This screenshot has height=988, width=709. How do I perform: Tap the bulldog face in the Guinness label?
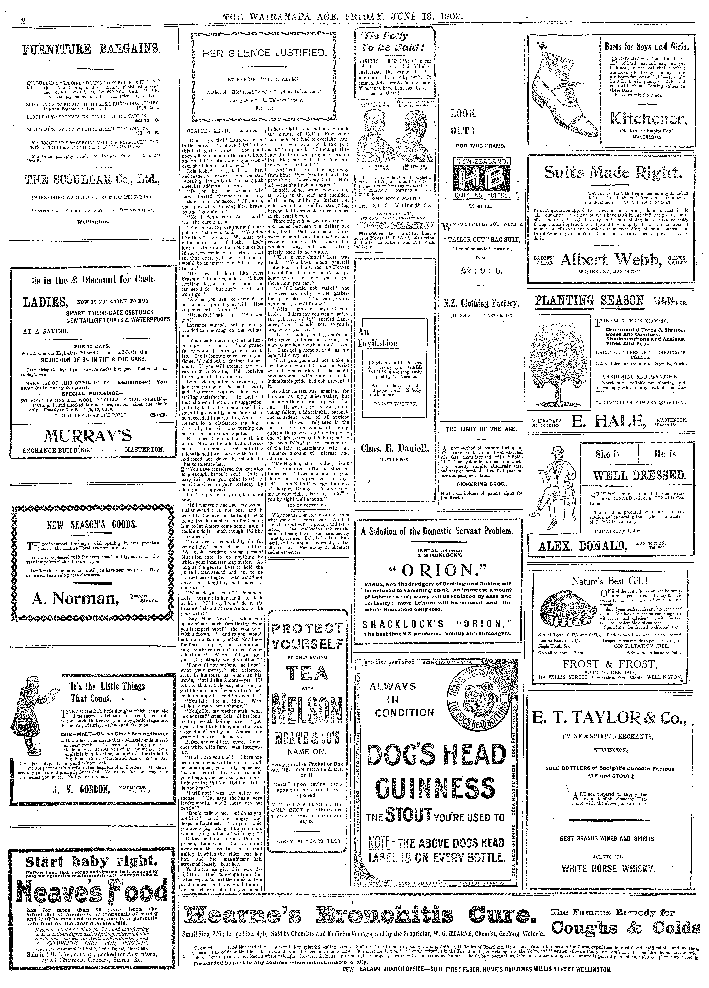475,700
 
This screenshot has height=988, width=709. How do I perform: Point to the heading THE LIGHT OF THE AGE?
481,429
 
